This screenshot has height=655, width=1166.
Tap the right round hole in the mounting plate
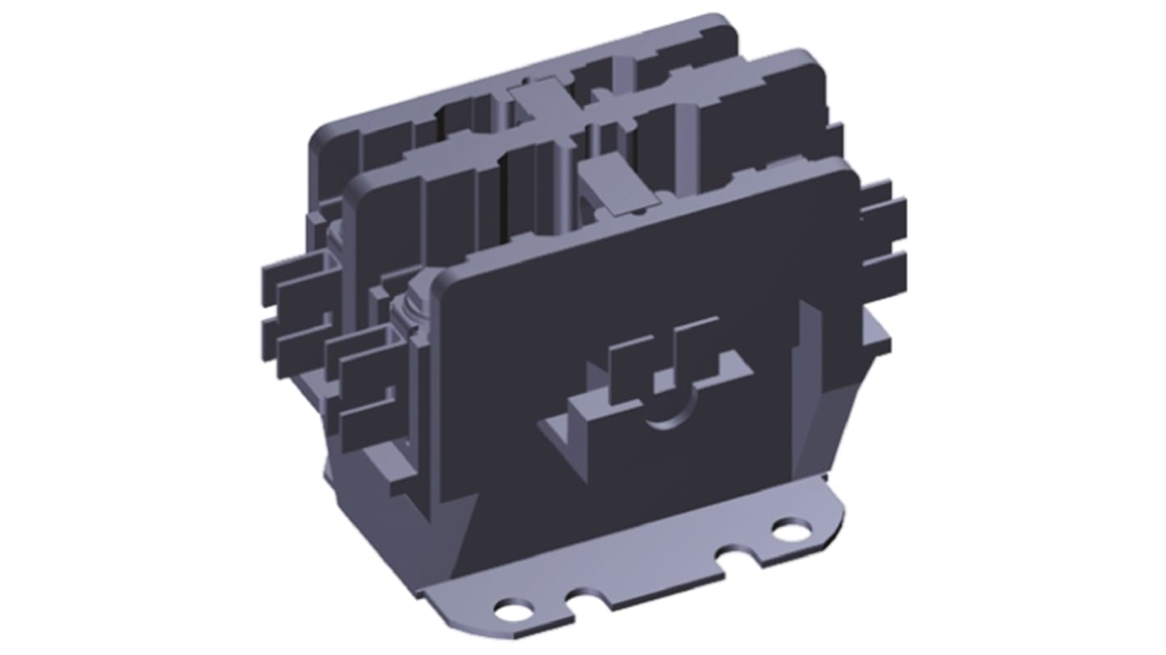[791, 532]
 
